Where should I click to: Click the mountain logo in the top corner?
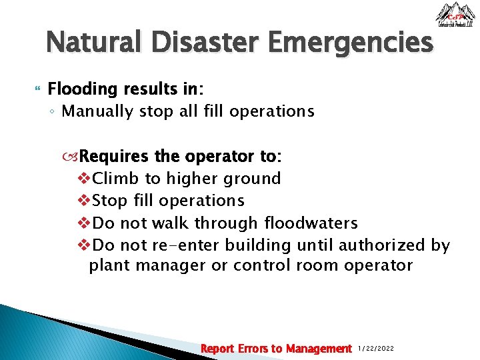pyautogui.click(x=455, y=15)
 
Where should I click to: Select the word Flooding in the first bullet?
pyautogui.click(x=79, y=89)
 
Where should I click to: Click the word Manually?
pyautogui.click(x=97, y=111)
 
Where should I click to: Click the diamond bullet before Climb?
pyautogui.click(x=85, y=179)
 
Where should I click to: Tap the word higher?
pyautogui.click(x=197, y=179)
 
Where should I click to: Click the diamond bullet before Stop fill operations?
pyautogui.click(x=85, y=201)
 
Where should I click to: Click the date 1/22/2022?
pyautogui.click(x=377, y=349)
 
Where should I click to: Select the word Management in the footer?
pyautogui.click(x=319, y=349)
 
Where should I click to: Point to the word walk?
pyautogui.click(x=169, y=223)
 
